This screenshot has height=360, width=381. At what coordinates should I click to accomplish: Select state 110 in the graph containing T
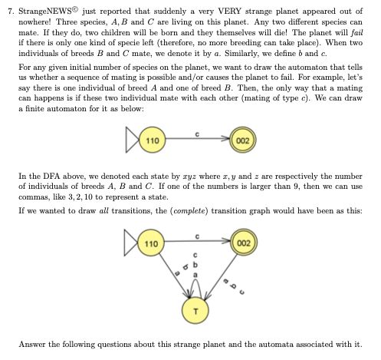click(x=153, y=243)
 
